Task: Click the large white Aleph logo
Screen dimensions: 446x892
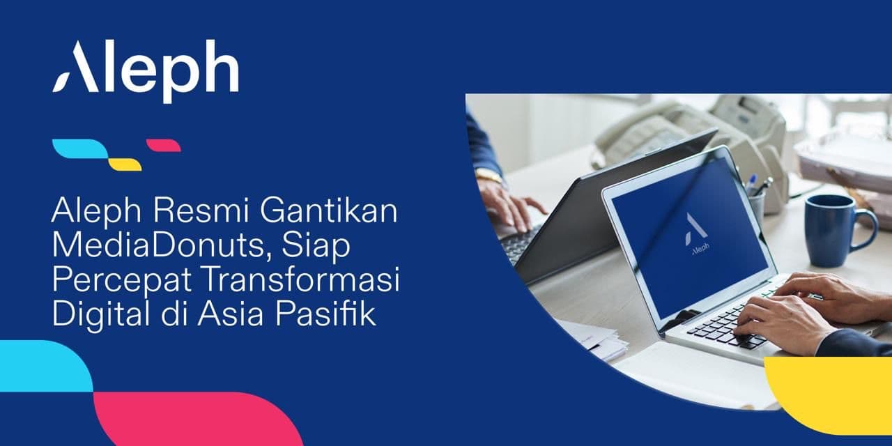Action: point(146,68)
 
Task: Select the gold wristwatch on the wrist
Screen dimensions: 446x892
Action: point(489,176)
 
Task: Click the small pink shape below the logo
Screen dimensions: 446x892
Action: point(164,146)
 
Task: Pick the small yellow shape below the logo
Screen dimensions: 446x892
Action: point(125,164)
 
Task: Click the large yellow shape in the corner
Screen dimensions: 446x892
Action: point(833,394)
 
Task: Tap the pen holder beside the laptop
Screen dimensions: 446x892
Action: point(756,204)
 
